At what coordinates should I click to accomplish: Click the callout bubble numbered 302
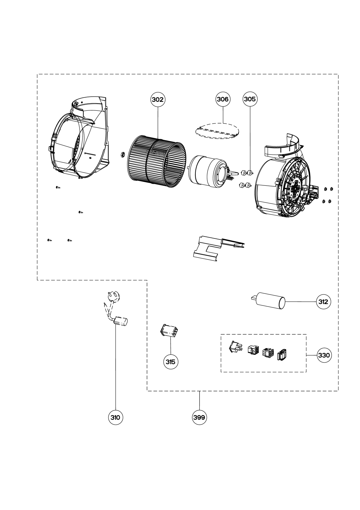click(x=158, y=100)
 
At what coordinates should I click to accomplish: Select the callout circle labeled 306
click(x=223, y=99)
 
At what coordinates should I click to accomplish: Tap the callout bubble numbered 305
click(x=250, y=99)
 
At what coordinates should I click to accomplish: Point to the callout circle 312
click(x=323, y=302)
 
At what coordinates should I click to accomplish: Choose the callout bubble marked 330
click(x=324, y=355)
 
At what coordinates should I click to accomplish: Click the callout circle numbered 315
click(x=171, y=362)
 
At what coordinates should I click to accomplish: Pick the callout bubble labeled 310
click(x=115, y=418)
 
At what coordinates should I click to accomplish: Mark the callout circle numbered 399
click(x=199, y=418)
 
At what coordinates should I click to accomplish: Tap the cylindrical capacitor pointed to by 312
click(x=269, y=301)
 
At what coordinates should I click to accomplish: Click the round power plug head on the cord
click(x=113, y=297)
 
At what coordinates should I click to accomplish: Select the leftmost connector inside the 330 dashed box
click(x=236, y=347)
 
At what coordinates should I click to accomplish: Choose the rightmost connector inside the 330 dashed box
click(x=282, y=355)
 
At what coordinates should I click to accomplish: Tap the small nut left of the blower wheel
click(x=122, y=154)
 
